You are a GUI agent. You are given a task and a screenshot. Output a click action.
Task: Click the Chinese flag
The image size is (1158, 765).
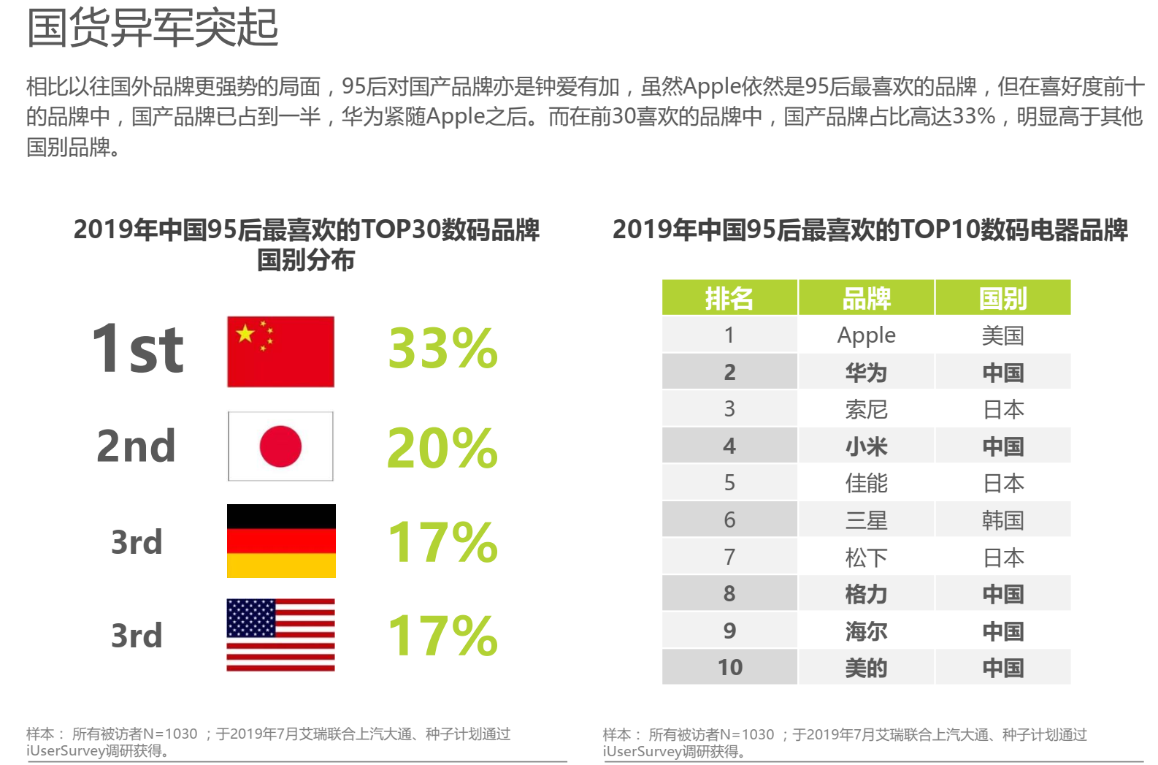tap(280, 351)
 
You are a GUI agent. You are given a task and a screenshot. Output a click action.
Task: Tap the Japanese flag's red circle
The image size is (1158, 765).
tap(280, 446)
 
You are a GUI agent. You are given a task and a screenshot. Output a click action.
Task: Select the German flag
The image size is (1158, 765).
tap(281, 541)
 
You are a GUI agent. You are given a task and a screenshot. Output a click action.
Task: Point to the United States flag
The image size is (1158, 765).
tap(280, 635)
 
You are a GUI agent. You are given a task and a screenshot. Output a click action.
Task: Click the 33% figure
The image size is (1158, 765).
tap(442, 349)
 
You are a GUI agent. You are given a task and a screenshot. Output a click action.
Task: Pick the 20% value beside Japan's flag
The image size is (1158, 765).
tap(442, 447)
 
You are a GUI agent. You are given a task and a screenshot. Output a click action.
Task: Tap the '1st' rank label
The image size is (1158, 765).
tap(137, 349)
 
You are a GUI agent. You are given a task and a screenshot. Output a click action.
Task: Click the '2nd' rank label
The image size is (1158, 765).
tap(137, 446)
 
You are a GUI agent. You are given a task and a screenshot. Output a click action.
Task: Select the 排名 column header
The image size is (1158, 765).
tap(729, 298)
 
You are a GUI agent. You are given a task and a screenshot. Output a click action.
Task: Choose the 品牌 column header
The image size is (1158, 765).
tap(866, 298)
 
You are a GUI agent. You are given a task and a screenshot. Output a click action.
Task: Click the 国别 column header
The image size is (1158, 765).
tap(1002, 298)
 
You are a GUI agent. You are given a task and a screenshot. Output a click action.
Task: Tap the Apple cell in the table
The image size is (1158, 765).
tap(866, 335)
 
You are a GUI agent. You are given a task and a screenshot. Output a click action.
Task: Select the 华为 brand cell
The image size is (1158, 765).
tap(866, 373)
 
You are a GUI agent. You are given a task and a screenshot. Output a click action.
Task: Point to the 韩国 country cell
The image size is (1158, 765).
tap(1002, 520)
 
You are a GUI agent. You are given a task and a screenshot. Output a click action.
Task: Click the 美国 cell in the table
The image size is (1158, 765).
tap(1002, 335)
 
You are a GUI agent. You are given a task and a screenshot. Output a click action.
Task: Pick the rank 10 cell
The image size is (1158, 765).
tap(729, 667)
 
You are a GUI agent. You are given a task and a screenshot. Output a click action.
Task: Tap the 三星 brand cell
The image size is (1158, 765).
tap(866, 520)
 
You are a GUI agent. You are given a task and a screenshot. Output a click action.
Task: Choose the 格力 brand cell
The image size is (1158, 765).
tap(866, 594)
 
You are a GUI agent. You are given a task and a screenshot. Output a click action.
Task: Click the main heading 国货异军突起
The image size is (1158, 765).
tap(153, 28)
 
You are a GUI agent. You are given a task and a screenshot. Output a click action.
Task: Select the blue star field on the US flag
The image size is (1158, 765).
tap(251, 618)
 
